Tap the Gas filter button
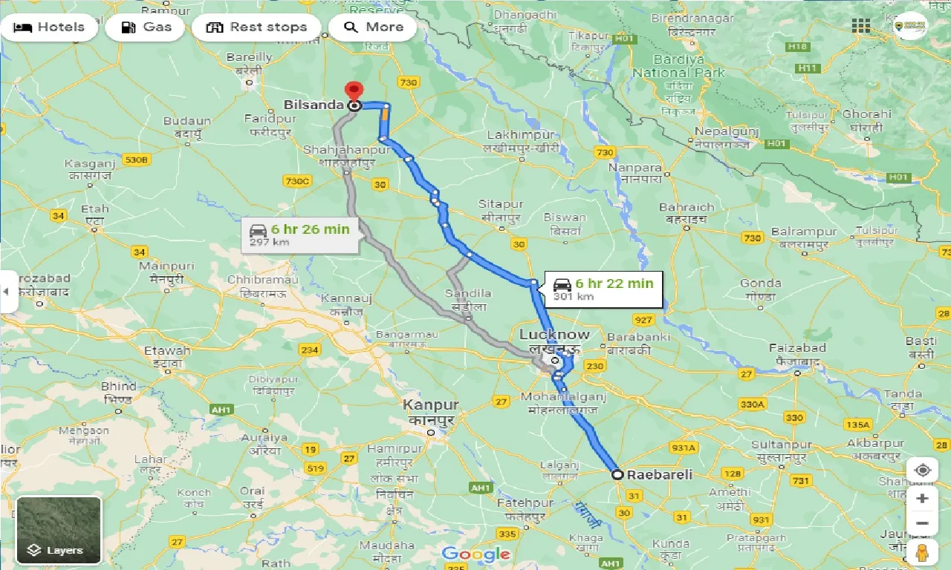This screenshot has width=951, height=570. [x=146, y=27]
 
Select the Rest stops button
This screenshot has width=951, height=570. [x=256, y=27]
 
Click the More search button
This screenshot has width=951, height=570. [x=373, y=27]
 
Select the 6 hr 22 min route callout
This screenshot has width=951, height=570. [x=603, y=289]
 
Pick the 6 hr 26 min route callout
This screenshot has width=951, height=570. [x=300, y=235]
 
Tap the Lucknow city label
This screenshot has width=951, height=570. [x=554, y=335]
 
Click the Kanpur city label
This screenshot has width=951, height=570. [x=431, y=405]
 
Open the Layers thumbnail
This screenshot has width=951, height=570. [x=59, y=530]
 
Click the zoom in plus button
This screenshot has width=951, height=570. [x=922, y=498]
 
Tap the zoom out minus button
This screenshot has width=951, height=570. [x=922, y=523]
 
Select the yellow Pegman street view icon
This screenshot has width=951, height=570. [x=922, y=553]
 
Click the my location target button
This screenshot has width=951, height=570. [x=922, y=471]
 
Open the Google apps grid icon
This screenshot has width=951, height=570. [x=861, y=26]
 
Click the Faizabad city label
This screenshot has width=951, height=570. [x=797, y=348]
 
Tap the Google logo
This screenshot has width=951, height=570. [x=475, y=554]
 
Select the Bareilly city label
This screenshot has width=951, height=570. [x=249, y=56]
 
